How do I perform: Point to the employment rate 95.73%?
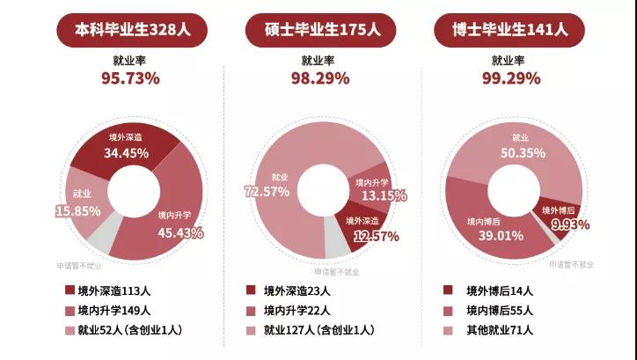click(x=131, y=78)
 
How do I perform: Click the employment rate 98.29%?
click(x=321, y=78)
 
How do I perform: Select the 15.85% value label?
click(x=83, y=211)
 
